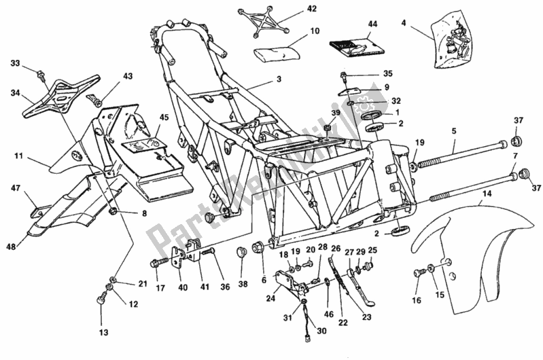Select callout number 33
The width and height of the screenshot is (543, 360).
(x=15, y=64)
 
